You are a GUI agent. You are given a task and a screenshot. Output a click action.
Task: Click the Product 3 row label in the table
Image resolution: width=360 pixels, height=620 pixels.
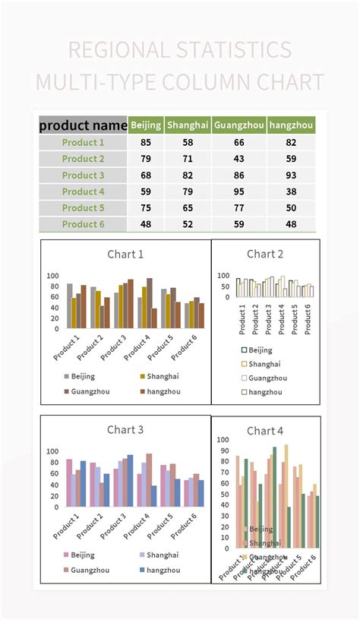[83, 176]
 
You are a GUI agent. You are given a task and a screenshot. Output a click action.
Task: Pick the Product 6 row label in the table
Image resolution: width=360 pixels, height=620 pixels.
[83, 224]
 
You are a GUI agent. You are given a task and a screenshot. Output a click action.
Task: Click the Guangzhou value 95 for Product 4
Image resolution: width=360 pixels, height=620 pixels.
[238, 191]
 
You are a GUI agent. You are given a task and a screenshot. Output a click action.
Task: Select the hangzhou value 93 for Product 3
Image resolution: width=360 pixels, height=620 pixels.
[291, 176]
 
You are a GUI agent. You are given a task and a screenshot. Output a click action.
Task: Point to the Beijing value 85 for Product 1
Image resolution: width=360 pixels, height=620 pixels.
[145, 143]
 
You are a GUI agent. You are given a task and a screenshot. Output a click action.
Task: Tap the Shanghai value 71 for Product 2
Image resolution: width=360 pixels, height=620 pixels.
[188, 159]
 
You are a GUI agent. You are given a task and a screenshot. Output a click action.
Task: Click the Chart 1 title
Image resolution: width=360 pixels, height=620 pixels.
[125, 255]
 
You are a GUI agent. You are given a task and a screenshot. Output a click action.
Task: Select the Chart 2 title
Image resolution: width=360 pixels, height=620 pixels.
[265, 254]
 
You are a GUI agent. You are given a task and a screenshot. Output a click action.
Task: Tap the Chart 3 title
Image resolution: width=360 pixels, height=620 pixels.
[125, 430]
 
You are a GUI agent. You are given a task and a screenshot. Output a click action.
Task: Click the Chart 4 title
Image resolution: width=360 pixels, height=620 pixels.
[265, 431]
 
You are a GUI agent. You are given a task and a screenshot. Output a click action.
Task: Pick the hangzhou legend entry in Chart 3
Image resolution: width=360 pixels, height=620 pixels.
[163, 570]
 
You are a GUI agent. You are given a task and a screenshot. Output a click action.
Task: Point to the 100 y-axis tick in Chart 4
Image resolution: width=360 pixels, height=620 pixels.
[223, 439]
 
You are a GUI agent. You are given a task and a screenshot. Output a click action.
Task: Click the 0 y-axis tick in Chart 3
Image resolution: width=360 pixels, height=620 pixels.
[55, 507]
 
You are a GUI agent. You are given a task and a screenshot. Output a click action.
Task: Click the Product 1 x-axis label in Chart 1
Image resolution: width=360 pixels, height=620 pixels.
[67, 347]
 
